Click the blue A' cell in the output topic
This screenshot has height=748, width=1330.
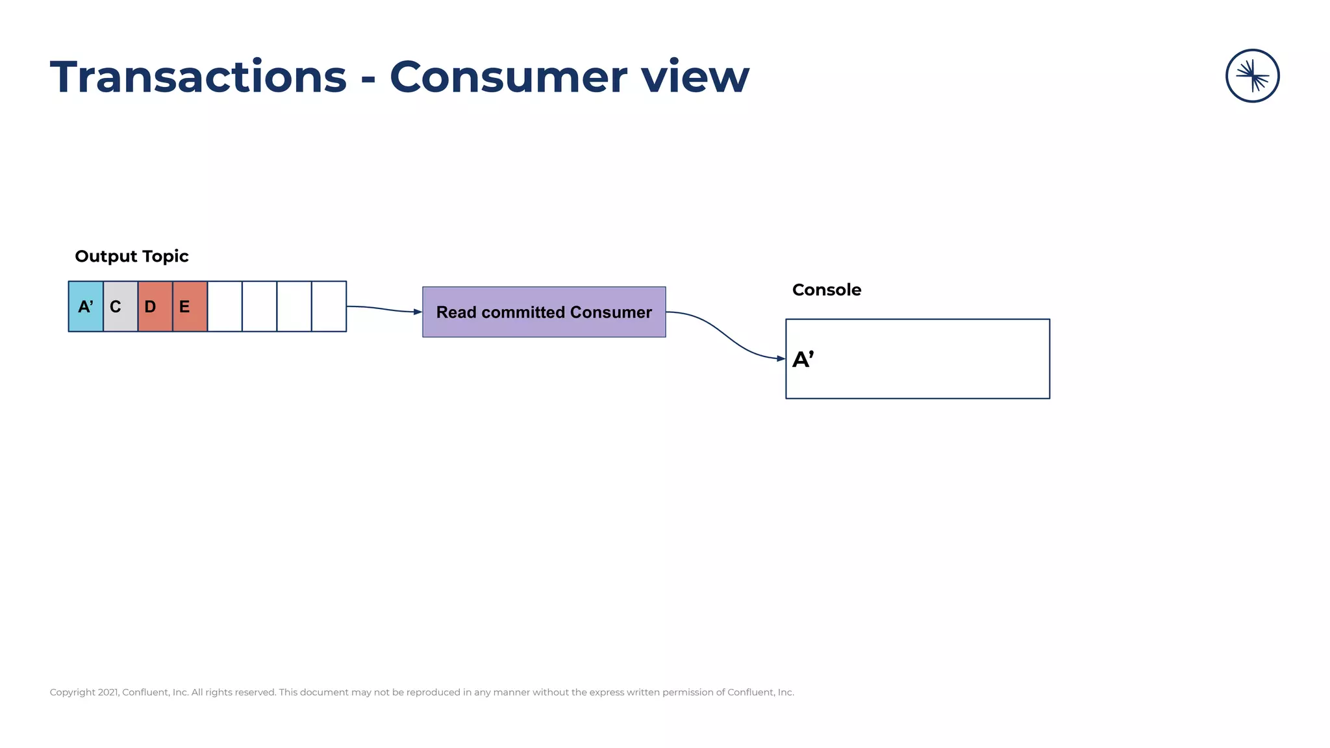86,306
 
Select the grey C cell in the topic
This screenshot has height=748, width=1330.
120,306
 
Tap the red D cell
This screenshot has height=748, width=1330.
155,306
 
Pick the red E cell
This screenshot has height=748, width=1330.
190,306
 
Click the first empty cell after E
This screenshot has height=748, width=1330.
225,306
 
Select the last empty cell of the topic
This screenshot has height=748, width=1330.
329,306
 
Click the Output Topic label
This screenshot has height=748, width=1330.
132,256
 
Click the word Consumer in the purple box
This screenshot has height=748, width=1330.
610,312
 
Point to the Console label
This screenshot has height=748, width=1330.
826,290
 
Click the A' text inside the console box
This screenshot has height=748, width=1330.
803,359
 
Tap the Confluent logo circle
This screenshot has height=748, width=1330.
1252,76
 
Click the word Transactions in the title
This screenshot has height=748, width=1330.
198,77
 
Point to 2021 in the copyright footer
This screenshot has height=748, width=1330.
108,692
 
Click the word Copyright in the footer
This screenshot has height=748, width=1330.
72,692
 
